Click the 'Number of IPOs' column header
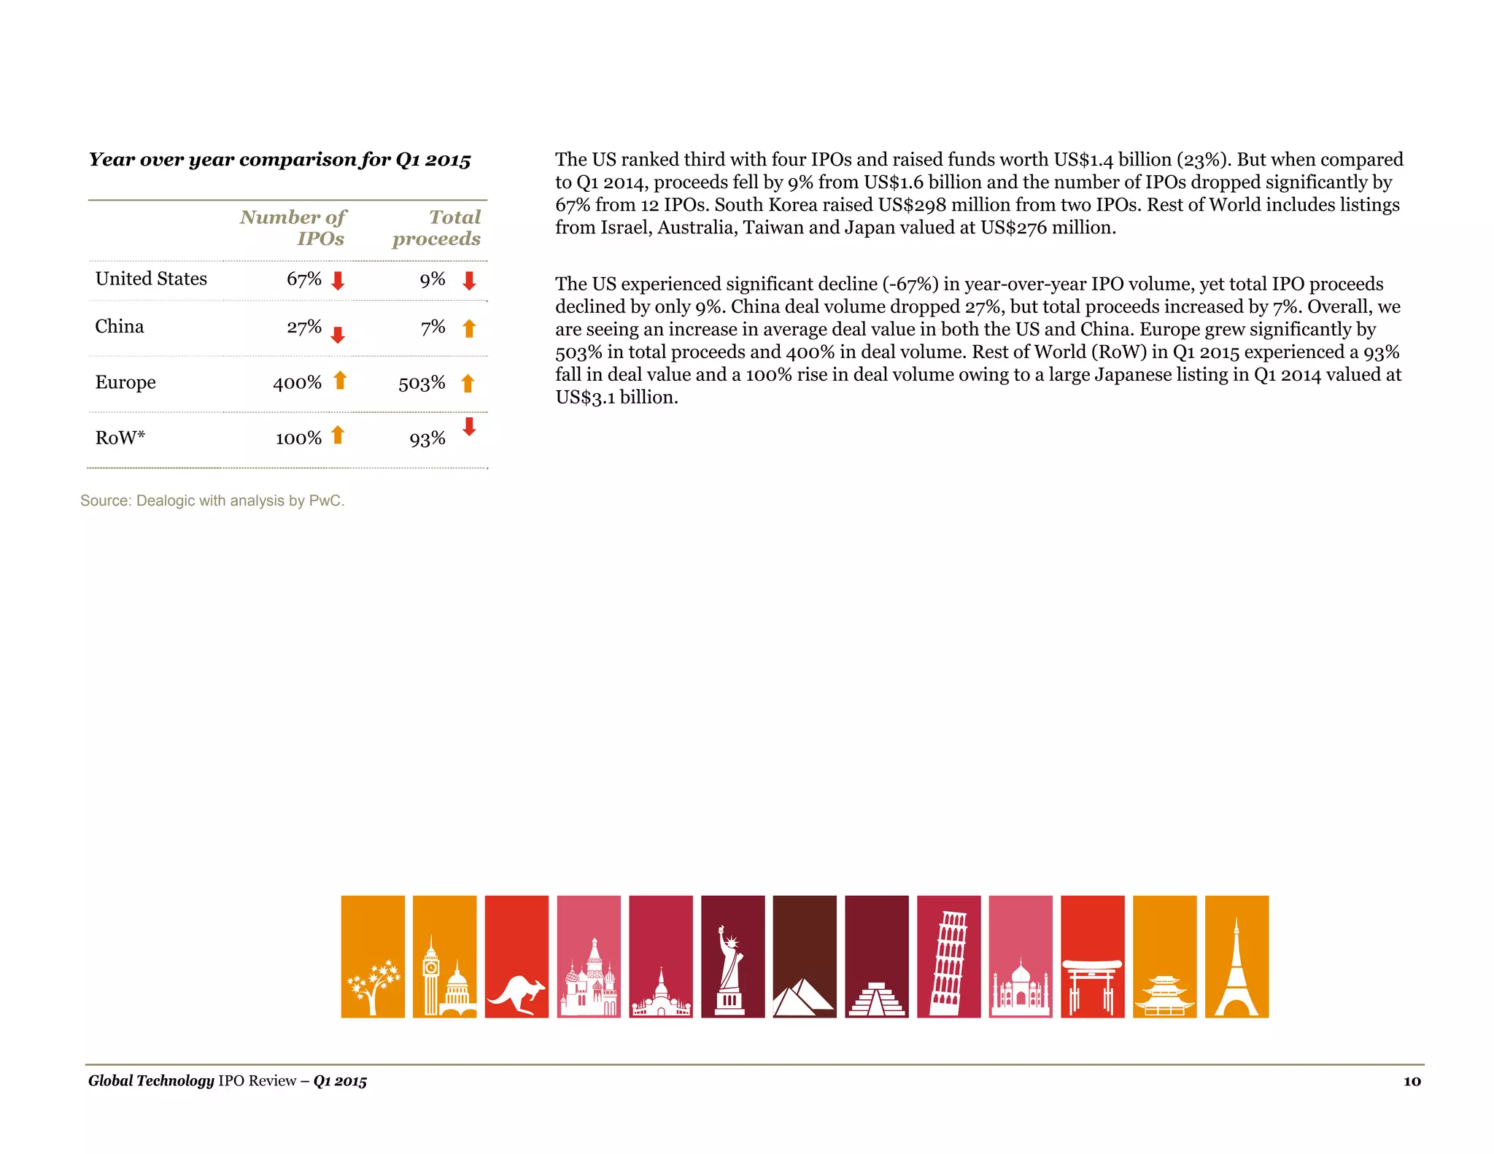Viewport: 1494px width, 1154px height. click(x=293, y=228)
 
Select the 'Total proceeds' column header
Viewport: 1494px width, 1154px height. click(x=437, y=228)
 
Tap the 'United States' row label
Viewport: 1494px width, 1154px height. click(x=151, y=279)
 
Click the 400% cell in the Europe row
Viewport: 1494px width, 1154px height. click(x=297, y=383)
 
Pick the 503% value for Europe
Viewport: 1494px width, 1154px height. click(x=422, y=383)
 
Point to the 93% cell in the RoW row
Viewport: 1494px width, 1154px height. click(x=427, y=438)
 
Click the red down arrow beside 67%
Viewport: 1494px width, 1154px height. click(x=338, y=280)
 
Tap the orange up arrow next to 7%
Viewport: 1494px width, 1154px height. click(x=469, y=328)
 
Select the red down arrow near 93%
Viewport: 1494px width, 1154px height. click(x=469, y=426)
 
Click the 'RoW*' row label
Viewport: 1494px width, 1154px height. click(x=120, y=438)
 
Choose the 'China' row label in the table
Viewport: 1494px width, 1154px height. click(x=120, y=326)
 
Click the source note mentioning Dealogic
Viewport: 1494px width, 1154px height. click(x=212, y=500)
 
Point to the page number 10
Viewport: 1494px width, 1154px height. click(x=1412, y=1081)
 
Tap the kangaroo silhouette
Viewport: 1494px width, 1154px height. click(x=516, y=992)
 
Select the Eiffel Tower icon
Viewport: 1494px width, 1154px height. click(x=1236, y=967)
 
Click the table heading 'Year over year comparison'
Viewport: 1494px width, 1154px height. click(x=280, y=160)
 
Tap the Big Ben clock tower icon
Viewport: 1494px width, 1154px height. click(x=431, y=974)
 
